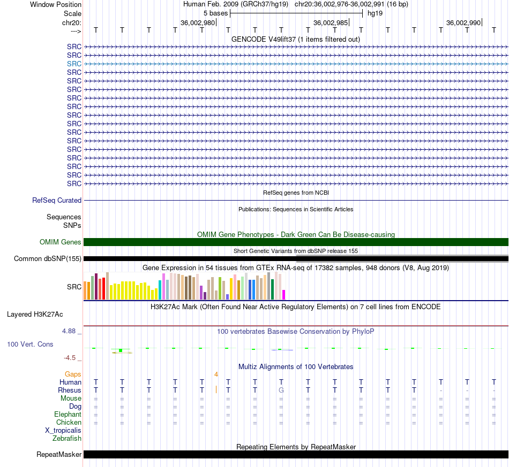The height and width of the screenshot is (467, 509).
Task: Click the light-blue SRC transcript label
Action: [x=74, y=64]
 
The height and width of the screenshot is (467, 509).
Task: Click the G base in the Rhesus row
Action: [x=281, y=390]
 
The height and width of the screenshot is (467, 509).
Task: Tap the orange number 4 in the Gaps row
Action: [x=216, y=374]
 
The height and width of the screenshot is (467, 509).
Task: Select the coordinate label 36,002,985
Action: [x=331, y=22]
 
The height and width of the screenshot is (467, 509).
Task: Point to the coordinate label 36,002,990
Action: [x=463, y=22]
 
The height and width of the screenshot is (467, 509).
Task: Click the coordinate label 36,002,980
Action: [x=198, y=22]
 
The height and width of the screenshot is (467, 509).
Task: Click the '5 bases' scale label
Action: [x=215, y=13]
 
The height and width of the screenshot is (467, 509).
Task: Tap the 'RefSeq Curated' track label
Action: [x=57, y=200]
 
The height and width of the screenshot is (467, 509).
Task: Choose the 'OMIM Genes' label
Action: [x=61, y=242]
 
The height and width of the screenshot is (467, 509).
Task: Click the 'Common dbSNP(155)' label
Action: [x=48, y=258]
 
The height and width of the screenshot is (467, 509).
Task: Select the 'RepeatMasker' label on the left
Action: [x=59, y=454]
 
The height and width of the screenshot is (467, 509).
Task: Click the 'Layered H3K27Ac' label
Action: [x=35, y=315]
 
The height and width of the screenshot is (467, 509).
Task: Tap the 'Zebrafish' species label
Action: [x=67, y=439]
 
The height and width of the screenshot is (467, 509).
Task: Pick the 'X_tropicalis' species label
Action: [x=63, y=431]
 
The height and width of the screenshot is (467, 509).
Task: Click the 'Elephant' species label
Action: [x=68, y=415]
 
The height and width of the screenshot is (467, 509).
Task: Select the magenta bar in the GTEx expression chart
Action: [x=283, y=295]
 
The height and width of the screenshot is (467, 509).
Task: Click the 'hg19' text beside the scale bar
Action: [x=375, y=13]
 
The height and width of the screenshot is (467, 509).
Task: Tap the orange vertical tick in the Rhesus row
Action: [x=216, y=389]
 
